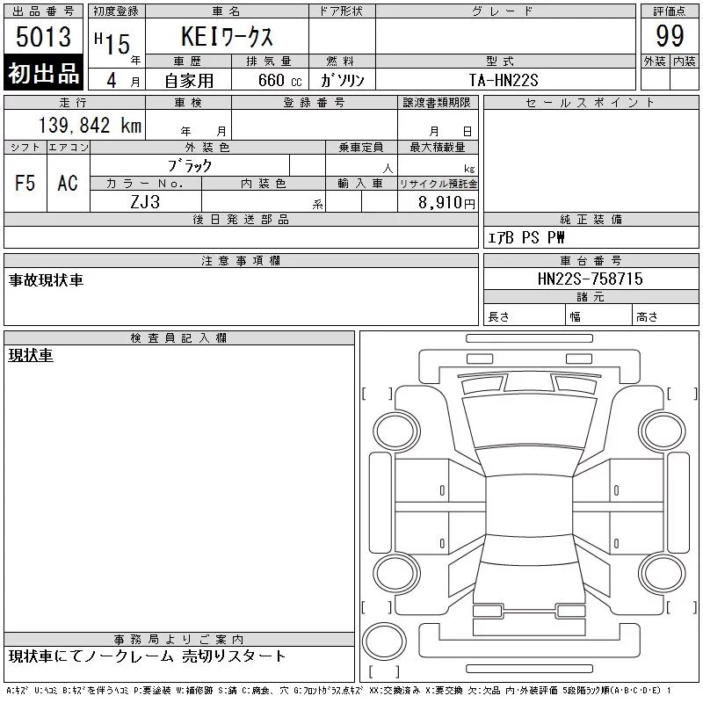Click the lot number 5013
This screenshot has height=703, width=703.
point(43,36)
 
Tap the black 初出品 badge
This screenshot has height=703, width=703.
point(43,73)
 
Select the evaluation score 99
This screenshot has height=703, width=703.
point(670,36)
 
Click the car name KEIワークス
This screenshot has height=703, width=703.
point(227,36)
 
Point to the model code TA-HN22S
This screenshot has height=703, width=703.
point(504,80)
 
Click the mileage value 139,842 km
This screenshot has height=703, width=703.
point(90,125)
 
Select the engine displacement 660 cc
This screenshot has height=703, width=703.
point(279,80)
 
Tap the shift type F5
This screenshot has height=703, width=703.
point(25,183)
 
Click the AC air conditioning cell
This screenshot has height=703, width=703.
point(68,183)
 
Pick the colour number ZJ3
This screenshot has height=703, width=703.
point(145,202)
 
